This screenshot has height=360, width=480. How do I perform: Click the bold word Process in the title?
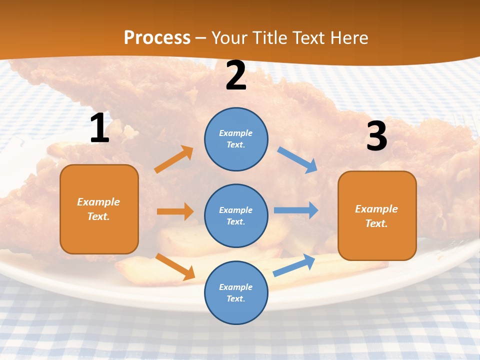pos(157,37)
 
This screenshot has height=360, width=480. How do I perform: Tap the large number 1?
pos(99,128)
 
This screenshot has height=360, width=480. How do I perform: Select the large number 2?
pos(236,76)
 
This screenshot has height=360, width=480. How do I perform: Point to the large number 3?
pos(376,136)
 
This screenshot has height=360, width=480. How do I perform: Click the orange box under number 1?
pos(99,209)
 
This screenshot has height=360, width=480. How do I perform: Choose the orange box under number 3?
pos(377,216)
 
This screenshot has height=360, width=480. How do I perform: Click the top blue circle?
pos(236,138)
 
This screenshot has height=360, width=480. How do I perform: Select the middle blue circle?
pos(236,215)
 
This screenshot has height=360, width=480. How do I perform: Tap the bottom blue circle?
pos(236,292)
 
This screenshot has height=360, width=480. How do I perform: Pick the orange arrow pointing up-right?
pos(174,159)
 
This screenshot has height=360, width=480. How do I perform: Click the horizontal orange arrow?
pos(175,211)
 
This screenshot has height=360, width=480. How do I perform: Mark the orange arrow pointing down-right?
pos(175,266)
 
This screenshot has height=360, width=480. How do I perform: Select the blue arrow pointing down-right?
pos(297,160)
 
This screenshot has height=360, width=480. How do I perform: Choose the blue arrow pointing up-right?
pos(294,265)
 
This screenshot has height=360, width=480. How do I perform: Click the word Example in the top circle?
pos(236,133)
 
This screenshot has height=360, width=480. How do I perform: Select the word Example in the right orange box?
pos(376,209)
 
